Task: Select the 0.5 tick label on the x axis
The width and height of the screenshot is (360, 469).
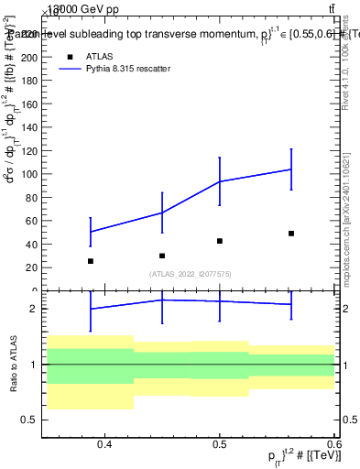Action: pyautogui.click(x=220, y=445)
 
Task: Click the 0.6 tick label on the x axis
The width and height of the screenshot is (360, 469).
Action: pyautogui.click(x=333, y=445)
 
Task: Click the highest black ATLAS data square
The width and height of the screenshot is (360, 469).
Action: pyautogui.click(x=291, y=234)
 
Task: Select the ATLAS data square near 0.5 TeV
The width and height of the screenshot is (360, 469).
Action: pyautogui.click(x=220, y=241)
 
